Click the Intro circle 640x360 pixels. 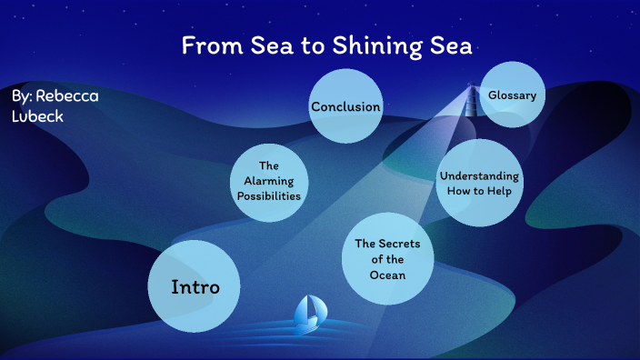[195, 286]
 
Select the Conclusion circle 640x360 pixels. [345, 106]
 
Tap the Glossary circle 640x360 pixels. [512, 95]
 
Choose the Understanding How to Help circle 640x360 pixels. [479, 183]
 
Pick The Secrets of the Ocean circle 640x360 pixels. [387, 259]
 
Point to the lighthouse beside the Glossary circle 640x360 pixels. [472, 97]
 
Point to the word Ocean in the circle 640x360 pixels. [387, 275]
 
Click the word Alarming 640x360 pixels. [268, 181]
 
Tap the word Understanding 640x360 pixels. [479, 175]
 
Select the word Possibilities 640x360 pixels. [268, 195]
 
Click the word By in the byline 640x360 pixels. [22, 95]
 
